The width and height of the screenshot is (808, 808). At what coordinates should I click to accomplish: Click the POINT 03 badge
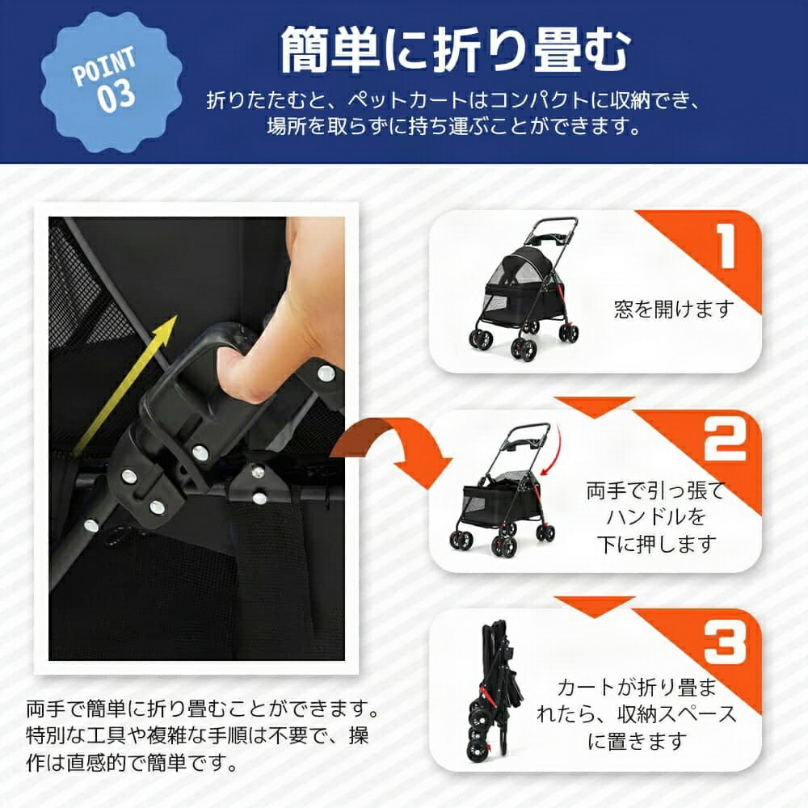[x=111, y=82]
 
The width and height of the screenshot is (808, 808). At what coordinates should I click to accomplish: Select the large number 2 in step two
[x=725, y=440]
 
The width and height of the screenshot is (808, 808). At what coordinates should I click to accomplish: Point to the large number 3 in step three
[x=725, y=642]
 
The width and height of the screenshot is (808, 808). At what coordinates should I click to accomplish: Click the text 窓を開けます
[x=674, y=309]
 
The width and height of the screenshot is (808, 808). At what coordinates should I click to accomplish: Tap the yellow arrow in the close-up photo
[x=124, y=385]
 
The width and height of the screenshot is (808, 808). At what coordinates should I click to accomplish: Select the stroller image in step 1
[x=524, y=288]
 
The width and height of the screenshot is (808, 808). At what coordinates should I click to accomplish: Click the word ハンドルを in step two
[x=655, y=517]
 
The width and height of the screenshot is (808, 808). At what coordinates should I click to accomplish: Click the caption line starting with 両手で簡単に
[x=203, y=709]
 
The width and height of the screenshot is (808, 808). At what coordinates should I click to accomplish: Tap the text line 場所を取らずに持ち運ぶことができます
[x=453, y=127]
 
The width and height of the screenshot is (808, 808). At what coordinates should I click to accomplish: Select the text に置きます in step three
[x=638, y=741]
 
